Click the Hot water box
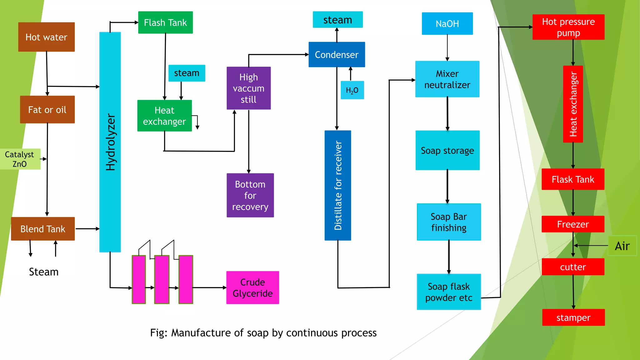pos(46,37)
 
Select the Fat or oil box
pos(47,109)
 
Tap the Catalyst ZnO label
pos(20,159)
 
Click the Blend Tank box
pos(43,229)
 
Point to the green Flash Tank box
pos(165,22)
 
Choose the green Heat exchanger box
pos(164,116)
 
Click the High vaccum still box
pos(248,88)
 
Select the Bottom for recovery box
pos(250,195)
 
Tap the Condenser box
pos(337,55)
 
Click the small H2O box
pos(352,90)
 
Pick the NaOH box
pos(447,24)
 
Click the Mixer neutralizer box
pos(447,79)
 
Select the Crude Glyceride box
pos(252,287)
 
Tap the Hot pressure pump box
pos(568,27)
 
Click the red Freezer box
pos(573,224)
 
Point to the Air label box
pos(622,246)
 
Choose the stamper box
pos(573,317)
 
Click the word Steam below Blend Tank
pos(44,272)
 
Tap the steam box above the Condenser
pos(337,20)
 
